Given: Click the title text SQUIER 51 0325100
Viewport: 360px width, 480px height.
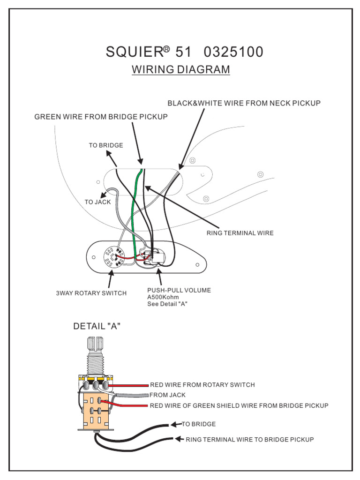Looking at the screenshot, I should (x=184, y=52).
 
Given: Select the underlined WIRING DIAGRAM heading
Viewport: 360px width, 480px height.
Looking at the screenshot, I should (x=181, y=70).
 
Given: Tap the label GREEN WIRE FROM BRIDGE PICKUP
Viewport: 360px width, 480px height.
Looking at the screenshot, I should (x=101, y=117).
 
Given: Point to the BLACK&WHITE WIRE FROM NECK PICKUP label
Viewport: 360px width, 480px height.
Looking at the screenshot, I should (x=244, y=103).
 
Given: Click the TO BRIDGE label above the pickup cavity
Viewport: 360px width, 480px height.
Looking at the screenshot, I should (x=106, y=145).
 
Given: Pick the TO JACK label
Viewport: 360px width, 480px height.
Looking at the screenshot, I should (x=97, y=202).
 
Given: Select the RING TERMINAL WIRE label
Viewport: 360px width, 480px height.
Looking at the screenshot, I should (x=240, y=233).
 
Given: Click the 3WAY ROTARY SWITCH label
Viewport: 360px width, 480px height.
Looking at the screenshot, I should (x=91, y=293).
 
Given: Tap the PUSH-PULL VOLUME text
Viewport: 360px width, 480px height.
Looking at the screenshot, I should (x=179, y=290).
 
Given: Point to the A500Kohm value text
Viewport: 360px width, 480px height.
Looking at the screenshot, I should (x=163, y=297).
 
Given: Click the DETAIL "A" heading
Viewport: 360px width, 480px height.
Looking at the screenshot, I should (x=97, y=326).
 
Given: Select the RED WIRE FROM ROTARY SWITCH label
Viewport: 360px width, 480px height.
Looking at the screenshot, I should (x=202, y=385).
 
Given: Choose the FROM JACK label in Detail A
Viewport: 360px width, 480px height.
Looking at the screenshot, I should (x=167, y=395).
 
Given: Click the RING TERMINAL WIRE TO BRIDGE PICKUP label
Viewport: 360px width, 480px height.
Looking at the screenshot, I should (x=250, y=440).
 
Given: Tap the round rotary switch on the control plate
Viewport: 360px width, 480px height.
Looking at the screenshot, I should (x=112, y=258).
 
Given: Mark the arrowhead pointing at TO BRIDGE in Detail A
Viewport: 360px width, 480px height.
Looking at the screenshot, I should (x=175, y=424).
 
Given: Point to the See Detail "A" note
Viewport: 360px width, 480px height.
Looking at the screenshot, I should (x=167, y=304).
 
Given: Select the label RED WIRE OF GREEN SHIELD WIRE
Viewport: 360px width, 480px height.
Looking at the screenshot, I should (x=239, y=405).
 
